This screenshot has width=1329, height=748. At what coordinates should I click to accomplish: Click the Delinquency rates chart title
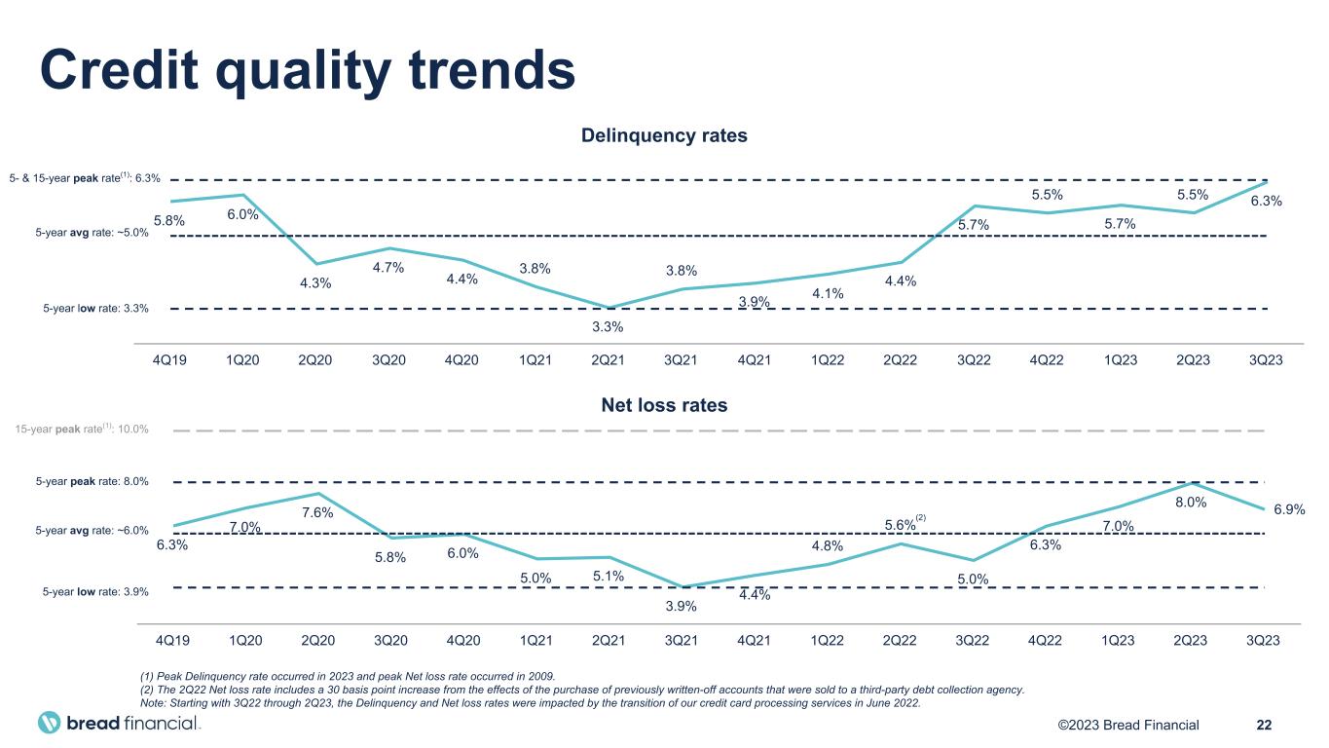pyautogui.click(x=664, y=135)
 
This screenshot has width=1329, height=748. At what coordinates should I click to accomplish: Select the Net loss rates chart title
pyautogui.click(x=664, y=404)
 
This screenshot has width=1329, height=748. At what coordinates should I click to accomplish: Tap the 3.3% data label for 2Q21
pyautogui.click(x=608, y=326)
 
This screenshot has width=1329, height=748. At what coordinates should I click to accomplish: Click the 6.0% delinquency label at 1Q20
pyautogui.click(x=243, y=214)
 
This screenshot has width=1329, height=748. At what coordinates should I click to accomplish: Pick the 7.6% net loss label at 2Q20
pyautogui.click(x=317, y=512)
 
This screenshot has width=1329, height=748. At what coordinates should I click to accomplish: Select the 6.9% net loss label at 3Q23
pyautogui.click(x=1289, y=509)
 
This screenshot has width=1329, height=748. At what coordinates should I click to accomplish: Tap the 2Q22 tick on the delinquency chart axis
pyautogui.click(x=900, y=359)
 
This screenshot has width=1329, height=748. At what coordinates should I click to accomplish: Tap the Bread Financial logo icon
pyautogui.click(x=50, y=723)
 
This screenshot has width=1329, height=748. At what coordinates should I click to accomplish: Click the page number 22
pyautogui.click(x=1265, y=724)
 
